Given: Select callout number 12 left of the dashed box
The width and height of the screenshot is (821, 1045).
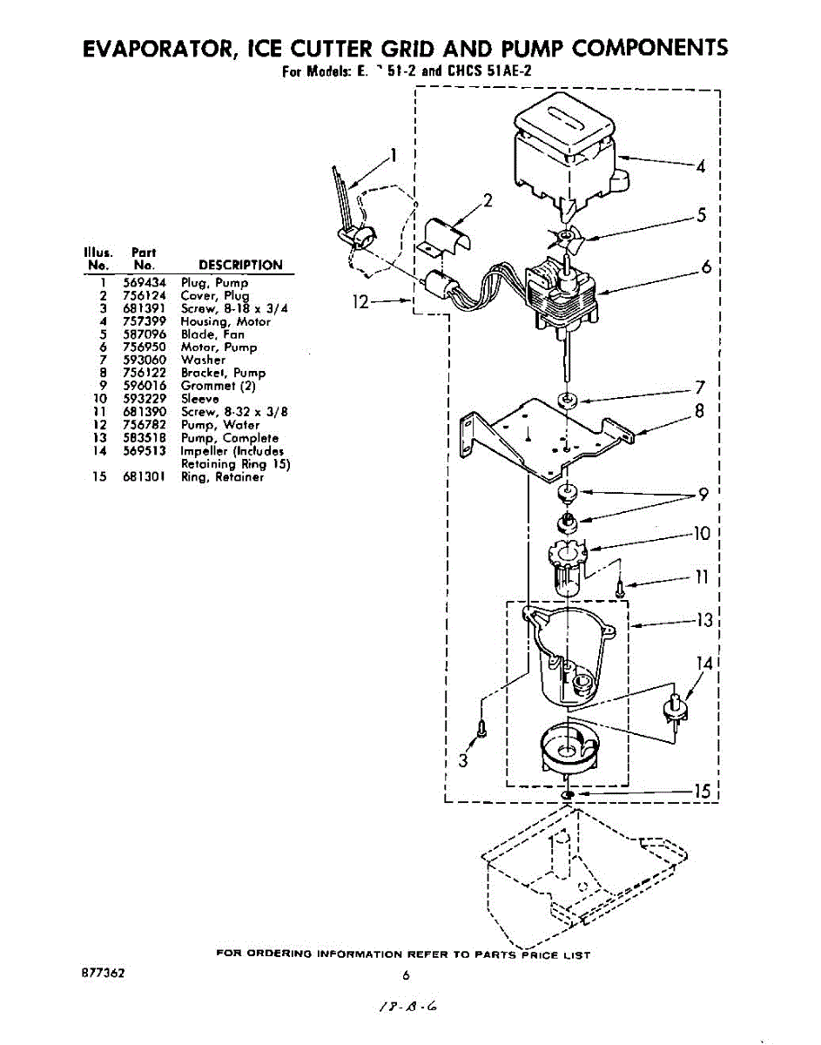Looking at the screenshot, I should click(x=360, y=302).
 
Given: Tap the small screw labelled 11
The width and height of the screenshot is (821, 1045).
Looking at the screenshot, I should click(x=620, y=587).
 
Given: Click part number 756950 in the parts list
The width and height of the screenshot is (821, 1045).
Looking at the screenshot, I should click(x=145, y=347).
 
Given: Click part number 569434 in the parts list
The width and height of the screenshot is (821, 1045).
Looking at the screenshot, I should click(x=145, y=283).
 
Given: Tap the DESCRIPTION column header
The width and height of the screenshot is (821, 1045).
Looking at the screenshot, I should click(x=240, y=265).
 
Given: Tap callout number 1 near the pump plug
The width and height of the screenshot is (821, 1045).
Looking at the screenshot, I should click(x=394, y=156).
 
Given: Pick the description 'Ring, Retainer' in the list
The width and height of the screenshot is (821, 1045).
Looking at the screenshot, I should click(x=222, y=476).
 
